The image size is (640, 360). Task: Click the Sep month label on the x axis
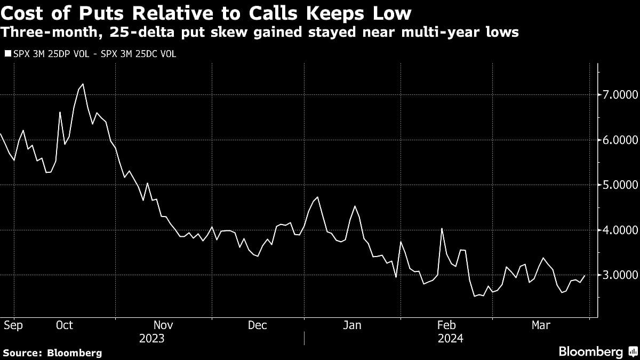(13, 325)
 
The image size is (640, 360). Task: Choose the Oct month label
(64, 325)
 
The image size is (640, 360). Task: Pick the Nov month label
(163, 325)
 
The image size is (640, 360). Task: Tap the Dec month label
(258, 325)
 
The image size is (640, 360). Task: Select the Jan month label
(352, 325)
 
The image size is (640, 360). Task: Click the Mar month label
(540, 325)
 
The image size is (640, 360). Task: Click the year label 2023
(151, 338)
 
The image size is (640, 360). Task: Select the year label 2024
(450, 338)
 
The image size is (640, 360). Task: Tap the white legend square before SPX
(6, 54)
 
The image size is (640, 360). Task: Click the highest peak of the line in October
(83, 84)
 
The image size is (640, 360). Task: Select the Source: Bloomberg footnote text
(52, 353)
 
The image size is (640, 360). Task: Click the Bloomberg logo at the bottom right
(597, 351)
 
